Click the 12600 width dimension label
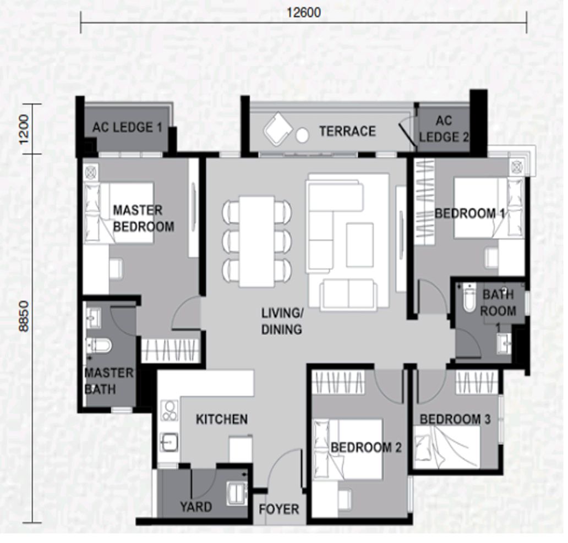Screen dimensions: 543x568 pyautogui.click(x=303, y=12)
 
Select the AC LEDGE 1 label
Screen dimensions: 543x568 pyautogui.click(x=127, y=128)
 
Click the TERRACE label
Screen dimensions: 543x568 pyautogui.click(x=347, y=131)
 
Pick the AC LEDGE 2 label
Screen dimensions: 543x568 pyautogui.click(x=444, y=129)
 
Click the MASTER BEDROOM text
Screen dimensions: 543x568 pyautogui.click(x=143, y=218)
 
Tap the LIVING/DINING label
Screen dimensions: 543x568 pyautogui.click(x=281, y=322)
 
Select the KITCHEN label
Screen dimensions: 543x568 pyautogui.click(x=222, y=420)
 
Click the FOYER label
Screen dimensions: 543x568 pyautogui.click(x=278, y=509)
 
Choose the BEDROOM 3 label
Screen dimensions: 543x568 pyautogui.click(x=455, y=420)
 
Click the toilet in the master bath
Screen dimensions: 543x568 pyautogui.click(x=99, y=345)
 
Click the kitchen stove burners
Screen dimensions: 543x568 pyautogui.click(x=169, y=410)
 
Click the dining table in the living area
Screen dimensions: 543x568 pyautogui.click(x=257, y=241)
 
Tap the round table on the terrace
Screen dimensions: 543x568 pyautogui.click(x=302, y=134)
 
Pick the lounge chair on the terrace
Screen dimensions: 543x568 pyautogui.click(x=278, y=130)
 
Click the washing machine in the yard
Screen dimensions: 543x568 pyautogui.click(x=237, y=493)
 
